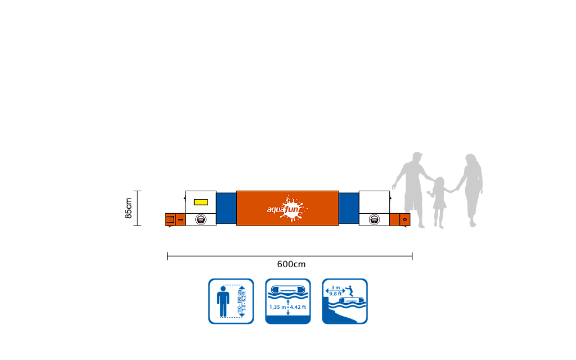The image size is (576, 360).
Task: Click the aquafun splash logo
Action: coord(287,209)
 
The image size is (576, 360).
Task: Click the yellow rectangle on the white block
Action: coord(201,201)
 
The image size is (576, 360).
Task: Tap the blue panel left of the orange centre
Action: coord(226,208)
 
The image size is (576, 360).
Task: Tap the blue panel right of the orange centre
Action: coord(349,208)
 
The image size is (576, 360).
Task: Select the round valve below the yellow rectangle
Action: coord(201,219)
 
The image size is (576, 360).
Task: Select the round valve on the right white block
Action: coord(374,219)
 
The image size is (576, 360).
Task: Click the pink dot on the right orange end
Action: coord(404,219)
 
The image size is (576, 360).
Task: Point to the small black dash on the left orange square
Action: coord(180,219)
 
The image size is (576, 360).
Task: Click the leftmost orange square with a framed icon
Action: coord(170,219)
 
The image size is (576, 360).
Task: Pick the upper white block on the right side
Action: coord(374,201)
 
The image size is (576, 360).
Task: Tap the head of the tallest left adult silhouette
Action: coord(416,157)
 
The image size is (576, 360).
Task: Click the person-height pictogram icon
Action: coord(231,301)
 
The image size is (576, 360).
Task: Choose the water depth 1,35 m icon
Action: coord(288,301)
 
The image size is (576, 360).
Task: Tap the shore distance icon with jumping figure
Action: coord(345,301)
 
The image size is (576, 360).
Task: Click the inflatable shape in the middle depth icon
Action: coord(288,291)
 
